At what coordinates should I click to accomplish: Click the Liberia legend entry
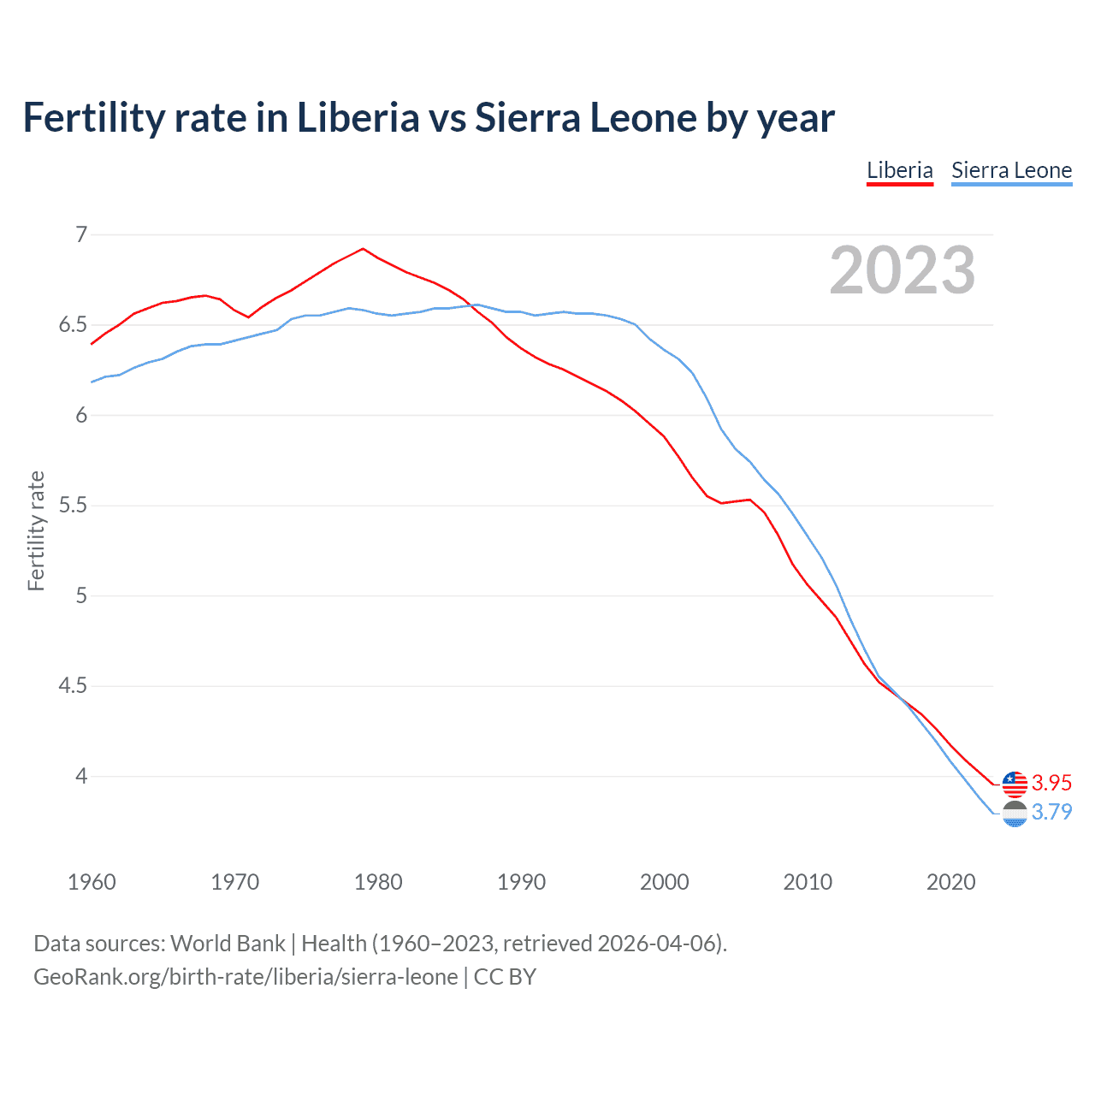(x=899, y=170)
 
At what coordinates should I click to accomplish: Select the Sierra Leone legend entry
(x=1011, y=170)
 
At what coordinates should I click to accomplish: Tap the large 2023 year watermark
(x=902, y=270)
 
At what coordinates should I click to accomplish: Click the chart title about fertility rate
(x=429, y=118)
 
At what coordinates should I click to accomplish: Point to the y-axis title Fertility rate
(x=36, y=530)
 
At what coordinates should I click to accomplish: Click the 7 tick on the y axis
(x=81, y=234)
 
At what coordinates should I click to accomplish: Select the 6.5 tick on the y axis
(x=73, y=325)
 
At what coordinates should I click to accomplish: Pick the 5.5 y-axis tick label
(x=73, y=506)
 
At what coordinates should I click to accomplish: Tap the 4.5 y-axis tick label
(x=73, y=686)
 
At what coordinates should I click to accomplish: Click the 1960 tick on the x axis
(x=92, y=882)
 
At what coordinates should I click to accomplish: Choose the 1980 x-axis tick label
(x=378, y=882)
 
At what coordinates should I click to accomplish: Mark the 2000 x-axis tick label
(x=664, y=882)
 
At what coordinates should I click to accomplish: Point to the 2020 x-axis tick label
(x=950, y=882)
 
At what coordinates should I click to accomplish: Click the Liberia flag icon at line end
(x=1015, y=784)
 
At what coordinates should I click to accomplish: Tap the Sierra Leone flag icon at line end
(x=1015, y=814)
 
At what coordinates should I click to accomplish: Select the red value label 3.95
(x=1051, y=783)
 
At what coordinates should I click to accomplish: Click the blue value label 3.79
(x=1051, y=812)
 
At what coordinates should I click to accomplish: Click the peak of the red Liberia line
(x=364, y=249)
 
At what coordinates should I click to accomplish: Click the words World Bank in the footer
(x=228, y=944)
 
